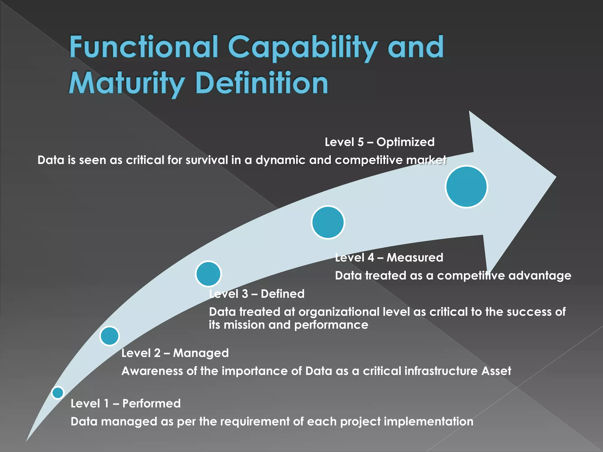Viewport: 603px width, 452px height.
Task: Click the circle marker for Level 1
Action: pos(58,393)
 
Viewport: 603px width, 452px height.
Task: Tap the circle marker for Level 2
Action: pos(110,336)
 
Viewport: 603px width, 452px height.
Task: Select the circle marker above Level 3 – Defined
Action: pos(208,274)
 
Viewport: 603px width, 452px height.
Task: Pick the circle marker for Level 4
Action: pos(328,222)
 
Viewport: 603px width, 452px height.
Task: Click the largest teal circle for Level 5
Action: pos(466,187)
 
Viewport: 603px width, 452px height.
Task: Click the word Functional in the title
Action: pos(143,47)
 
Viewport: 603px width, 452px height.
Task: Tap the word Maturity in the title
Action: pos(127,83)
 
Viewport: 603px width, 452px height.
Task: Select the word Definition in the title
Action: pos(262,83)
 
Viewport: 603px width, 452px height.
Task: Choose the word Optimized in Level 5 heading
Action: pos(405,142)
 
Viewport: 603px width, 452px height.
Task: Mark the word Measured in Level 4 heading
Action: pos(415,257)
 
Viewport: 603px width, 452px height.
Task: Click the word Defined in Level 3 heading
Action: pos(283,294)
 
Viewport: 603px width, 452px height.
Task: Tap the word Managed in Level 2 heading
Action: pos(201,353)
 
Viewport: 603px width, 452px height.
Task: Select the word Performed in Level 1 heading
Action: pos(151,403)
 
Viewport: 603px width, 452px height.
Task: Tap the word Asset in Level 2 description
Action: pos(496,371)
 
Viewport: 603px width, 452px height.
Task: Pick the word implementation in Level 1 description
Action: pos(429,422)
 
